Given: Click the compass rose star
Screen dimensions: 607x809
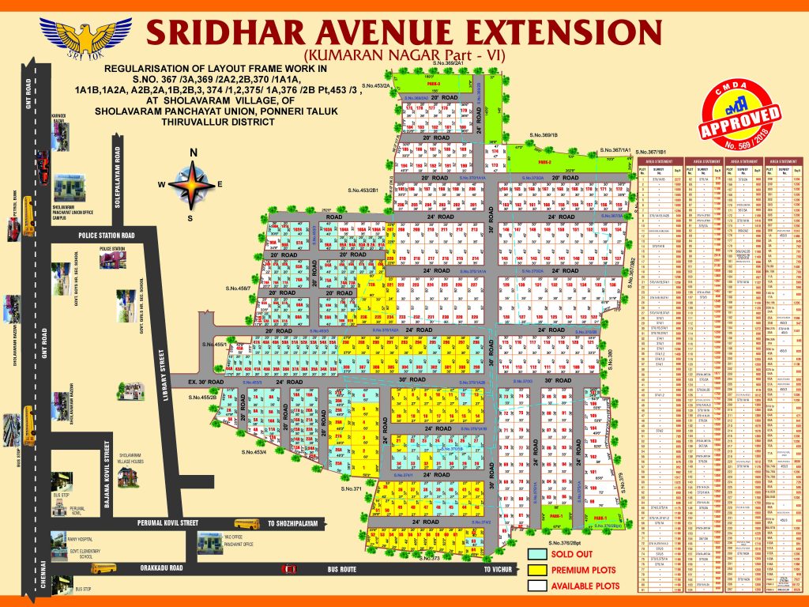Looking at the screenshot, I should pyautogui.click(x=191, y=184).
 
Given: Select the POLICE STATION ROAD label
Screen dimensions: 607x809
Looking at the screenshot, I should pyautogui.click(x=107, y=236).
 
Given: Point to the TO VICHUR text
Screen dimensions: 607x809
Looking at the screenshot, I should pyautogui.click(x=499, y=568).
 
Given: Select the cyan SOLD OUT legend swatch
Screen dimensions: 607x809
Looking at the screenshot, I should pyautogui.click(x=538, y=554).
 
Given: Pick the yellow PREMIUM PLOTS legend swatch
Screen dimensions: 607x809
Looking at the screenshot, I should pyautogui.click(x=538, y=569).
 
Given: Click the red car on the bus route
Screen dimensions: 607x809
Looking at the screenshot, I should pyautogui.click(x=289, y=569).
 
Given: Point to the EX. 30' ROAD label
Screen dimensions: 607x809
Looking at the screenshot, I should pyautogui.click(x=207, y=382).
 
